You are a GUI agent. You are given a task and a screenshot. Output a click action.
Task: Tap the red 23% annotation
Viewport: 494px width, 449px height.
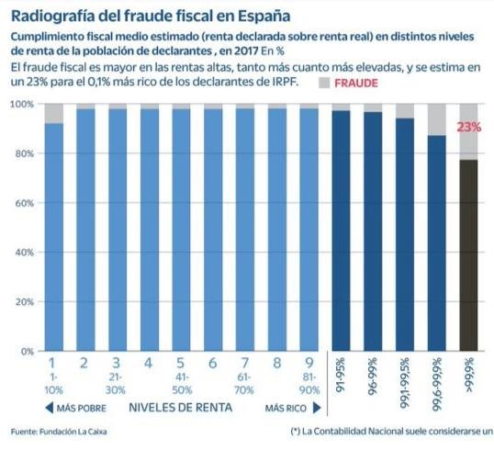[469, 128]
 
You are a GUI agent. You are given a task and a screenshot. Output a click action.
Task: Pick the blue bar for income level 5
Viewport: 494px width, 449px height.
[181, 230]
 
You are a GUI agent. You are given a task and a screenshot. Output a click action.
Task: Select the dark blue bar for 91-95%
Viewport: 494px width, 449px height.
[341, 230]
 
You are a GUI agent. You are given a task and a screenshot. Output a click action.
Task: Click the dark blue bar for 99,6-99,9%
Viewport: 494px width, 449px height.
[437, 243]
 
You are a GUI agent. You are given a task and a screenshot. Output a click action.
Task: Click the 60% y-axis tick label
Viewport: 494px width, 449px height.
[23, 203]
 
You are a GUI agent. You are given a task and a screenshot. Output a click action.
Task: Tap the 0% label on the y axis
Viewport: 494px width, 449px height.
[26, 352]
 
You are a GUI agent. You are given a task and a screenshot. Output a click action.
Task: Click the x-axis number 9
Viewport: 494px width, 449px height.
[309, 365]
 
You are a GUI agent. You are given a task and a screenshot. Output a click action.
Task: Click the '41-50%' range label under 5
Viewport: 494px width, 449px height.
[181, 384]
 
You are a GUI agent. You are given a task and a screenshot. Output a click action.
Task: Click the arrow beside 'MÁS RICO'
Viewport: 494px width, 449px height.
[316, 407]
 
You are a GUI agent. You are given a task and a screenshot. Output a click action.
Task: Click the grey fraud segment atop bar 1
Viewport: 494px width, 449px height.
[54, 113]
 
